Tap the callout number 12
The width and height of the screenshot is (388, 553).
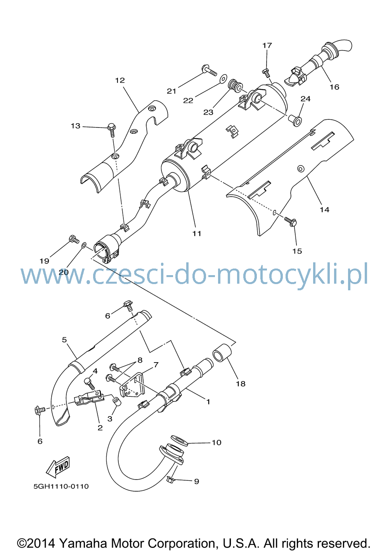click(120, 80)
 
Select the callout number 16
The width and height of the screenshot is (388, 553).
click(334, 87)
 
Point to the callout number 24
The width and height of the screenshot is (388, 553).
click(305, 99)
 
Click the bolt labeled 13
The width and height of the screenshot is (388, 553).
click(112, 130)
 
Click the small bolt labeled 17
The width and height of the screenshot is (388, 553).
click(266, 73)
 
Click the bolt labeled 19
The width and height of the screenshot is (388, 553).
click(74, 239)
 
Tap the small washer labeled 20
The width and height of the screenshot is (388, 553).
click(84, 245)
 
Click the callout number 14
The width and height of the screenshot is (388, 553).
click(324, 209)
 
